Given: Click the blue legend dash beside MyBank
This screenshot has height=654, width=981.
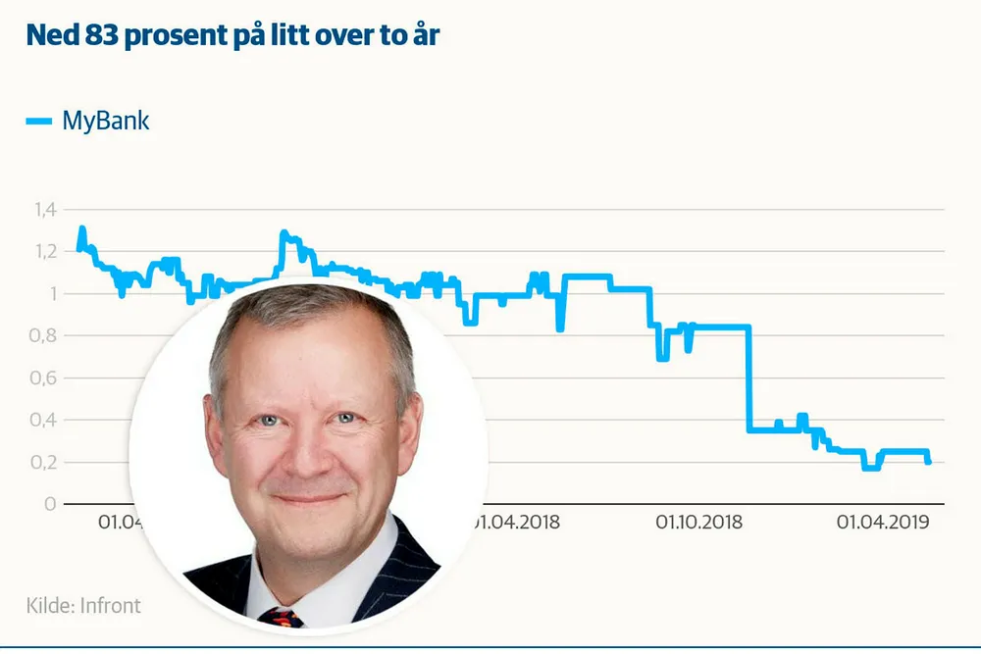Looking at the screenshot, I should pyautogui.click(x=38, y=122).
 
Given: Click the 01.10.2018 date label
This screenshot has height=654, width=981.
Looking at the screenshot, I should pyautogui.click(x=698, y=522).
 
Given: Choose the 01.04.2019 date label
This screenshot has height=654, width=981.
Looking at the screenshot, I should pyautogui.click(x=882, y=522).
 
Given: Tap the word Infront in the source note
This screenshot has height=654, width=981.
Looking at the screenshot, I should pyautogui.click(x=110, y=605).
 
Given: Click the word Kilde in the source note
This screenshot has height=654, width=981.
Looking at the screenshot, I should pyautogui.click(x=49, y=605).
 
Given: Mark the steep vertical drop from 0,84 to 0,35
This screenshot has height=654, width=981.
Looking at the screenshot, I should pyautogui.click(x=749, y=377).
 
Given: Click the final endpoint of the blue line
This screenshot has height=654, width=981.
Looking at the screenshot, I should pyautogui.click(x=928, y=461).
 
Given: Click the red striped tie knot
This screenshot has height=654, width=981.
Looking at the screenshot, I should pyautogui.click(x=282, y=617).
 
